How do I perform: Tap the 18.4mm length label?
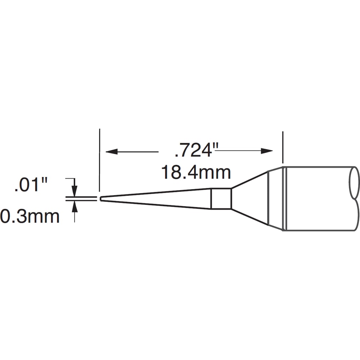[196, 172]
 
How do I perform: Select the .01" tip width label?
[31, 185]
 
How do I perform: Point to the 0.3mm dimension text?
[30, 216]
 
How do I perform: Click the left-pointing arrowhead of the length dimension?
[112, 152]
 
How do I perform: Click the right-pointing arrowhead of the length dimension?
[267, 151]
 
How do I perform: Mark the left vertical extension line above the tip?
[99, 160]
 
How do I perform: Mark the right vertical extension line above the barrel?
[283, 147]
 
